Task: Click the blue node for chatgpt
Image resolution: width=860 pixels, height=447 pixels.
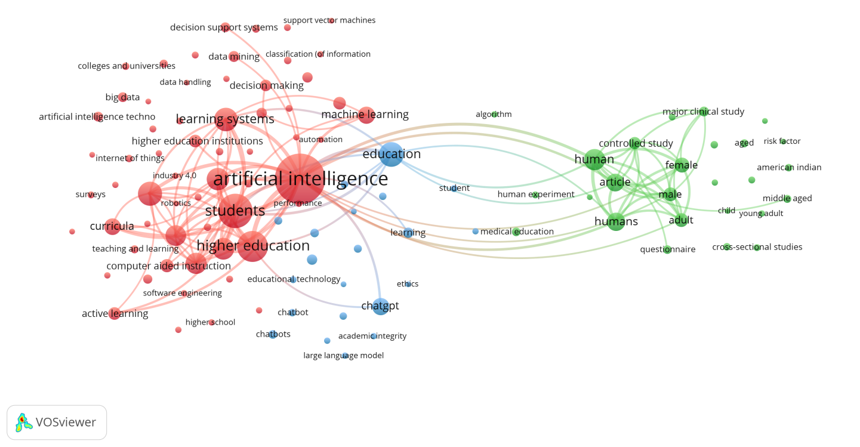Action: pos(381,306)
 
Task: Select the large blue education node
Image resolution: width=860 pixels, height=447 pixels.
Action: pos(392,155)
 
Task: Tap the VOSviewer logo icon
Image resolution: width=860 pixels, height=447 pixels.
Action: pos(23,423)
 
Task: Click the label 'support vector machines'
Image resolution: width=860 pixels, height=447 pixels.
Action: pos(329,20)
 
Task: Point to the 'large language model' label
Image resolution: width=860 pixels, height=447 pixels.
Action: pos(344,355)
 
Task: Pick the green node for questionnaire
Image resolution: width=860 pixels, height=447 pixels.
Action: pos(667,249)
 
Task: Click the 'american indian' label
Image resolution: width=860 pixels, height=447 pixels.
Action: pos(789,167)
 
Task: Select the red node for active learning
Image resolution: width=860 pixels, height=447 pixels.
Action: pos(115,313)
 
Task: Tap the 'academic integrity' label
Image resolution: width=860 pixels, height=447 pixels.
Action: pos(372,336)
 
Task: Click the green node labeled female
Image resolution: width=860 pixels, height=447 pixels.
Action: pos(682,165)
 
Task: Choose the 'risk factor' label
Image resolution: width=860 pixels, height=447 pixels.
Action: pos(782,141)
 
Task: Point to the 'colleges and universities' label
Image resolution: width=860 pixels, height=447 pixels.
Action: pos(127,66)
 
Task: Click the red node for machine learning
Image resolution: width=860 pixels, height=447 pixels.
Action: pos(366,115)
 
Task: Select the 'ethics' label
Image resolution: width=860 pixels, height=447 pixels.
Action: pos(408,284)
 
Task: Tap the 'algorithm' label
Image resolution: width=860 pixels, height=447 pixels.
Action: pos(494,114)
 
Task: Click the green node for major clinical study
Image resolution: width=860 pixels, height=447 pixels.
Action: pos(704,112)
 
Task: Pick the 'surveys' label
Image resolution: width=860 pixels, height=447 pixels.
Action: pos(91,195)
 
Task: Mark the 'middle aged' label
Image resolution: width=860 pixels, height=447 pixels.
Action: pos(787,198)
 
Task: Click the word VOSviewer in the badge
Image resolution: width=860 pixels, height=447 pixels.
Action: pos(66,422)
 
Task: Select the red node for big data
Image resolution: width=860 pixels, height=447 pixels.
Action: pos(122,97)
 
